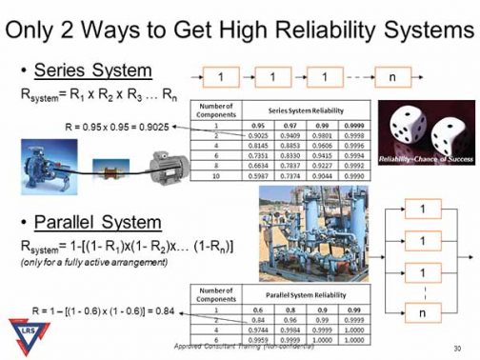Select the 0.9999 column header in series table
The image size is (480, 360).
326,124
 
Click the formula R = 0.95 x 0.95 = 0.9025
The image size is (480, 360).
113,126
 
